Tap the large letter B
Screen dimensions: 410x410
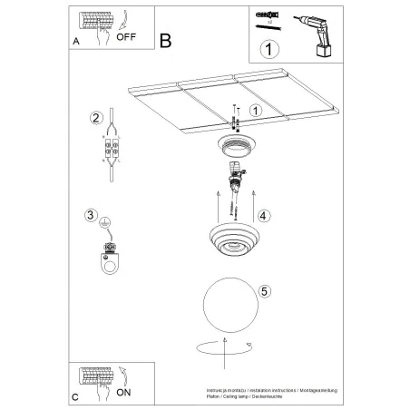(x=165, y=40)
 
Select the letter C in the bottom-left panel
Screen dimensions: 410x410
(x=74, y=396)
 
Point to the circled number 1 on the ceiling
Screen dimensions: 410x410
(x=256, y=111)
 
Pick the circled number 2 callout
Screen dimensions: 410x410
(x=94, y=117)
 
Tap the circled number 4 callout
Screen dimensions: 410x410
(x=263, y=216)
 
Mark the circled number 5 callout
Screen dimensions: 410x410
(x=264, y=291)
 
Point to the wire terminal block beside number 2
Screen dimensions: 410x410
(x=113, y=150)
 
